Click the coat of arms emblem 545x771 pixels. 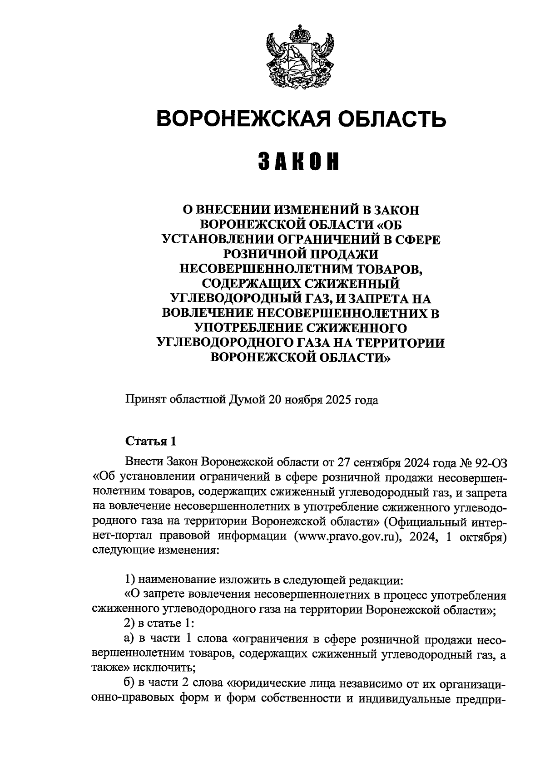[300, 57]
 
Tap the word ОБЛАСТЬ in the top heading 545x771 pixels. [393, 118]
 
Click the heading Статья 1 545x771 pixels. [150, 441]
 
